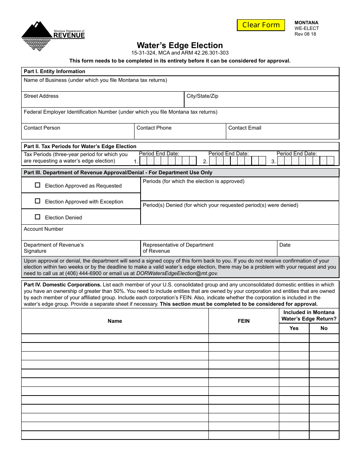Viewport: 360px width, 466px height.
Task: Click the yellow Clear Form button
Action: pyautogui.click(x=261, y=25)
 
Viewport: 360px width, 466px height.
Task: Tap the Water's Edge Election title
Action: pyautogui.click(x=180, y=45)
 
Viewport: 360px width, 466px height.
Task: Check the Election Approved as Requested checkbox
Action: pyautogui.click(x=38, y=185)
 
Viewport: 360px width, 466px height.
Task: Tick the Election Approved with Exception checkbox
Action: pyautogui.click(x=38, y=201)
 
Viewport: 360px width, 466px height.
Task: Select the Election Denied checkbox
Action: pyautogui.click(x=38, y=217)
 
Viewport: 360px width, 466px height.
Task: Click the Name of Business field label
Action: pyautogui.click(x=95, y=80)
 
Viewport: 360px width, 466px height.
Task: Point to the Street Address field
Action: pyautogui.click(x=102, y=100)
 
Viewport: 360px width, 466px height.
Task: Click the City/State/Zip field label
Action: pyautogui.click(x=202, y=96)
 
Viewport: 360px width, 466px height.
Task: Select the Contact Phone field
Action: pyautogui.click(x=180, y=131)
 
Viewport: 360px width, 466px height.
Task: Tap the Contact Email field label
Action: pyautogui.click(x=245, y=128)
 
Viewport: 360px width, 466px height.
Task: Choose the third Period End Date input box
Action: pyautogui.click(x=305, y=161)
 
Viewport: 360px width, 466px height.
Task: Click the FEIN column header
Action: pyautogui.click(x=244, y=321)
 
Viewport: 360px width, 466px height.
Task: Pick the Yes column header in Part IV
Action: pyautogui.click(x=294, y=328)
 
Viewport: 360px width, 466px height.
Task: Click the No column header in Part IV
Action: pyautogui.click(x=324, y=328)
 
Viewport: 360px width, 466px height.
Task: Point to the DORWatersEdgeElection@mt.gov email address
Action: pyautogui.click(x=177, y=273)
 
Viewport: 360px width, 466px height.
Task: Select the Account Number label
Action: pyautogui.click(x=44, y=229)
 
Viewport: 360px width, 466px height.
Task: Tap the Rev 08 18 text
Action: pyautogui.click(x=305, y=34)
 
